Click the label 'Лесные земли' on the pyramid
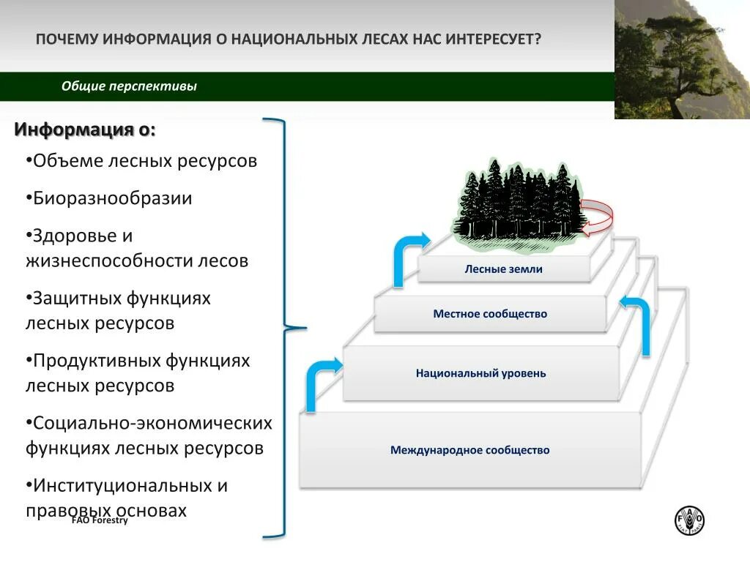point(503,269)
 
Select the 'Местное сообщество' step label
point(490,314)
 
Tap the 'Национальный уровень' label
point(480,373)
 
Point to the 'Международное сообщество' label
point(469,450)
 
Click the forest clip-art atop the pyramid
point(519,201)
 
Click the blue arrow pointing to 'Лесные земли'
point(406,258)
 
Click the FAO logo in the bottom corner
point(689,520)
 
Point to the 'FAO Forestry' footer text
point(100,520)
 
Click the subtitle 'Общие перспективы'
point(129,86)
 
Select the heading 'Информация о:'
point(85,130)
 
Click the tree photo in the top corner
point(682,59)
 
